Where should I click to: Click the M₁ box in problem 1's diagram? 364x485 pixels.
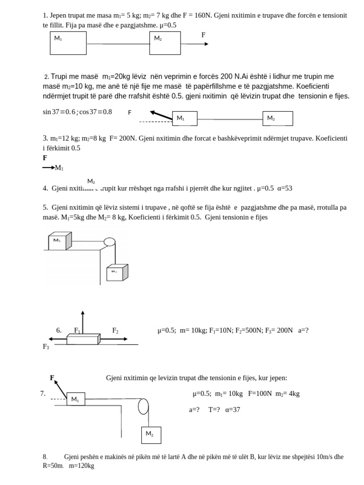(68, 43)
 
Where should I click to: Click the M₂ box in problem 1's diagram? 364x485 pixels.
(165, 43)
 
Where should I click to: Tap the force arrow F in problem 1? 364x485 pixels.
(195, 44)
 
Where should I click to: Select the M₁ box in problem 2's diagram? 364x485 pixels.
(184, 118)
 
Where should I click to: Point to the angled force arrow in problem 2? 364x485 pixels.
(161, 115)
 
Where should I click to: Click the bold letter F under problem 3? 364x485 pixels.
(45, 158)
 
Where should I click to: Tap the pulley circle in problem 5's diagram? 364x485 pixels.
(109, 242)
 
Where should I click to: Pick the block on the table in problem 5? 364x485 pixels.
(60, 241)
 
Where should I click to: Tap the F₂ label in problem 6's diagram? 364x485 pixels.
(115, 331)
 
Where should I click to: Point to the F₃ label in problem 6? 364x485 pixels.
(46, 347)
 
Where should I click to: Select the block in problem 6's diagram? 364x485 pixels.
(83, 339)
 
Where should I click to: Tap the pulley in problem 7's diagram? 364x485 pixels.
(143, 406)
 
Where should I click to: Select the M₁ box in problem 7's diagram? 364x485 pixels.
(76, 400)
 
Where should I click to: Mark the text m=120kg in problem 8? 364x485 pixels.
(82, 466)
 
